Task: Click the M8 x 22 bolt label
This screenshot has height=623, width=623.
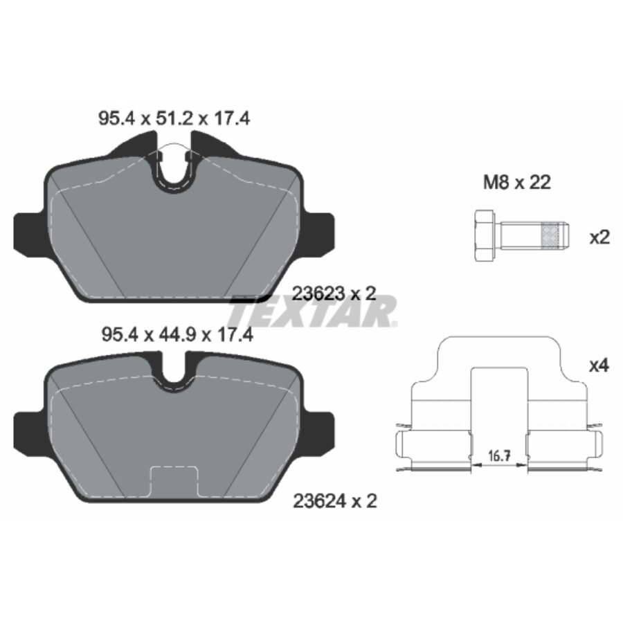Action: click(516, 183)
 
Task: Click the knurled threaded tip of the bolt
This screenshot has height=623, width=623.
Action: click(554, 236)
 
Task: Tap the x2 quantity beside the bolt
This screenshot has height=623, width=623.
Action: click(598, 237)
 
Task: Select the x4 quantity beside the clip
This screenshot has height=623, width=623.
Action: click(598, 365)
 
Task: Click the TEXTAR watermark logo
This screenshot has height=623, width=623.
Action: click(315, 311)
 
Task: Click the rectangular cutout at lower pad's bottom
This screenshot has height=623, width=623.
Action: click(174, 482)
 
